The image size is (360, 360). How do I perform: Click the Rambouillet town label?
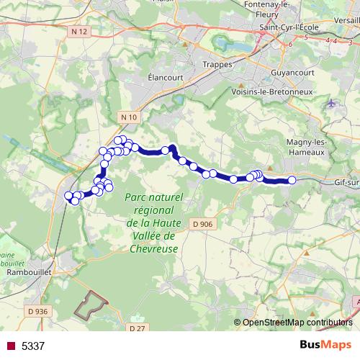tap(27, 274)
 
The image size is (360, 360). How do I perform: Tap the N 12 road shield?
tap(79, 31)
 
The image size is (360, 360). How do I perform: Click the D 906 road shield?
tap(203, 225)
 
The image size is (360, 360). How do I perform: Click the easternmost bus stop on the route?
tap(292, 180)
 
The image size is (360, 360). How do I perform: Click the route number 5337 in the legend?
tap(33, 346)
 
